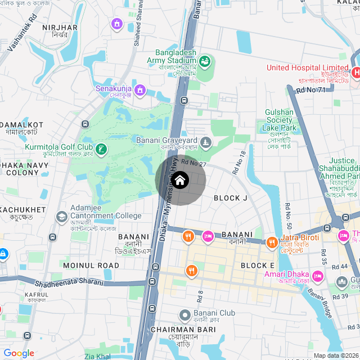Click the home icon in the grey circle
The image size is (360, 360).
180,181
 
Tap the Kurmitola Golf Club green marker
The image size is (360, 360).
101,150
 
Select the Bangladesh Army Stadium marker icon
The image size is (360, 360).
205,60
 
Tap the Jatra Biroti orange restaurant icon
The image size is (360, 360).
272,242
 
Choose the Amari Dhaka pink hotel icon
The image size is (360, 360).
317,276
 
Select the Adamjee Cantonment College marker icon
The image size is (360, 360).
61,217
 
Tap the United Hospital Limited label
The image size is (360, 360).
307,68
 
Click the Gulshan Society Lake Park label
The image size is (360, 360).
279,120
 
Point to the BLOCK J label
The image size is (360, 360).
231,198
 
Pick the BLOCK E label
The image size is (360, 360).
258,265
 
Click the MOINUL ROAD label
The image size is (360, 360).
91,265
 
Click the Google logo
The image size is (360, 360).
19,353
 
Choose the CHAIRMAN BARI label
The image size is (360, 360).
177,329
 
